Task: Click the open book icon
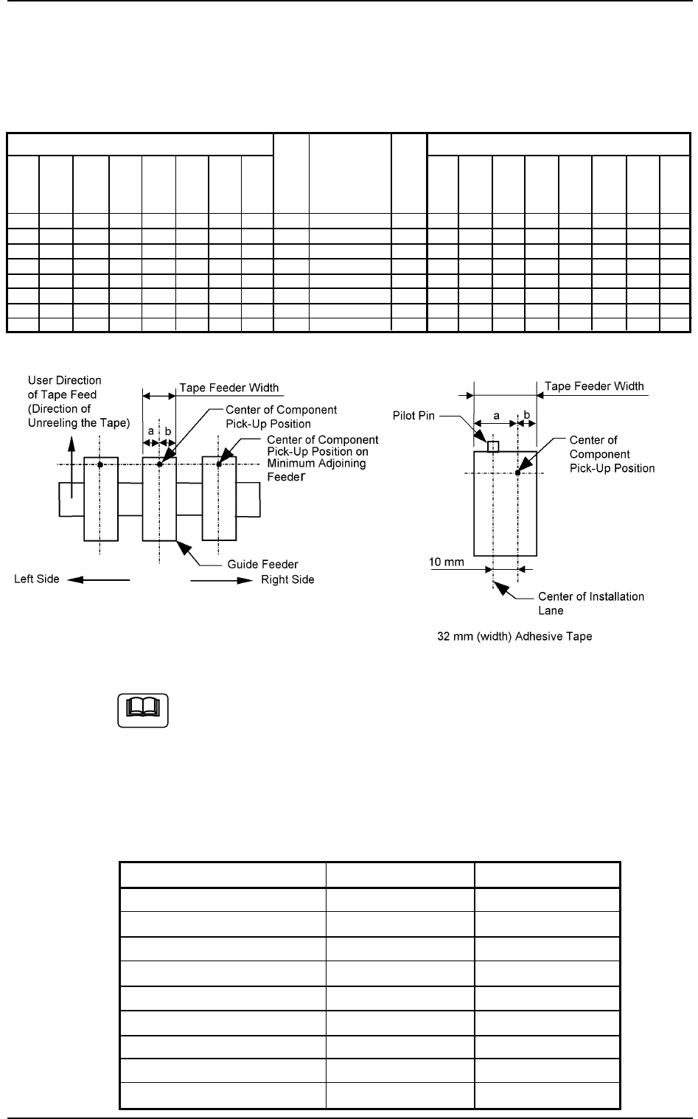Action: (143, 709)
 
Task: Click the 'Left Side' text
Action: (37, 579)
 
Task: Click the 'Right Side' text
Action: (287, 579)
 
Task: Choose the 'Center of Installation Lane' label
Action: (591, 603)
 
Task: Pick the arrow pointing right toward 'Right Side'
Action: (221, 580)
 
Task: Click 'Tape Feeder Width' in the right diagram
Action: (594, 386)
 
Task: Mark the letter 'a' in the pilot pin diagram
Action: (496, 416)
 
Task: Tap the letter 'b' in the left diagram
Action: (168, 430)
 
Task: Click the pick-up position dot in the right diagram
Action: (518, 473)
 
